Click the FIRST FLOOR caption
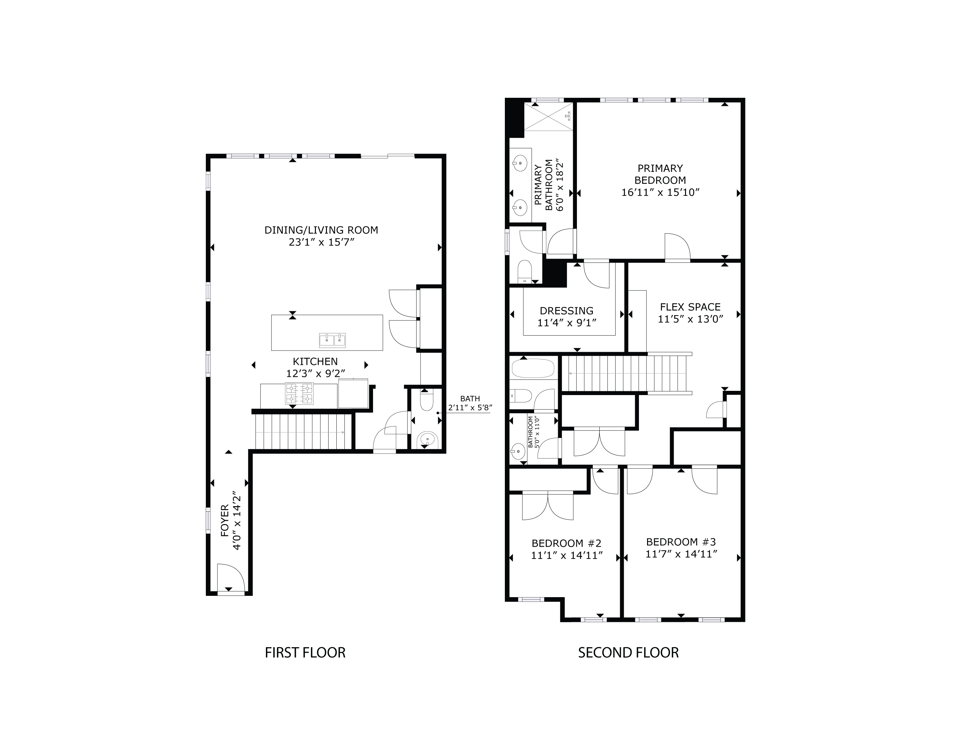[x=305, y=653]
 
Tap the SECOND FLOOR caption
[x=628, y=653]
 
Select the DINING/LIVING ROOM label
[x=321, y=230]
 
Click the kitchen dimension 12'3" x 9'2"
[x=315, y=374]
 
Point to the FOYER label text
[x=225, y=520]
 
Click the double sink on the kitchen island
[x=332, y=340]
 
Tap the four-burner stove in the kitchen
[x=299, y=393]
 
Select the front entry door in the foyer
[x=230, y=578]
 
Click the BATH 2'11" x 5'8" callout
[x=470, y=403]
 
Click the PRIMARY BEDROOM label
[x=660, y=174]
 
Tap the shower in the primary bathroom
[x=549, y=116]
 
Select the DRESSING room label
[x=566, y=311]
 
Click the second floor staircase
[x=625, y=374]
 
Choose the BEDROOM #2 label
[x=566, y=543]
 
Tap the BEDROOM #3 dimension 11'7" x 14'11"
[x=681, y=554]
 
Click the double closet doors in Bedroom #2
[x=548, y=506]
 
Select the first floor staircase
[x=304, y=432]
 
